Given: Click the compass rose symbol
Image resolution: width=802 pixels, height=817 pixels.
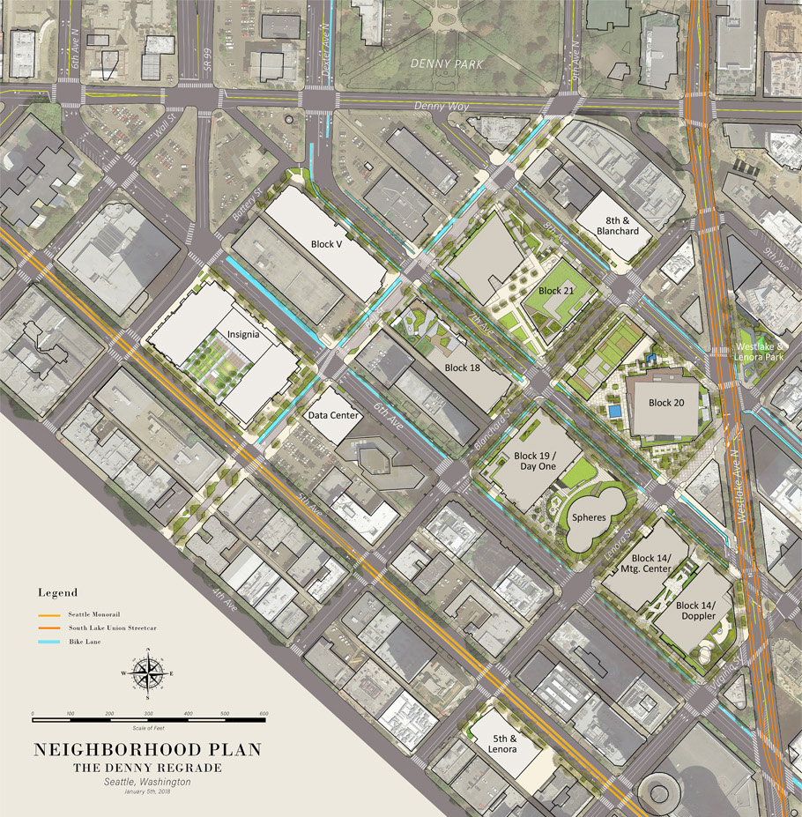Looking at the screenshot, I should (x=148, y=674).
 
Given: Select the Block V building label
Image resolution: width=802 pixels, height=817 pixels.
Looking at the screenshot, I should (x=326, y=244).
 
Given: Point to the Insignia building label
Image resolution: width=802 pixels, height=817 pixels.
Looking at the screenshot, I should (x=243, y=334).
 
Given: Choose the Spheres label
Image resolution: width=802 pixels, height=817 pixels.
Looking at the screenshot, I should (x=589, y=517).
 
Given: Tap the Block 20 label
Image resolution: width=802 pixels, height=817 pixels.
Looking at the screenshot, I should (x=666, y=403).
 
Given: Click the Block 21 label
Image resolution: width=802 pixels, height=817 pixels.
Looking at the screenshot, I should (x=556, y=290).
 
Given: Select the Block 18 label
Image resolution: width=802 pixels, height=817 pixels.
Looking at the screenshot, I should (x=463, y=368).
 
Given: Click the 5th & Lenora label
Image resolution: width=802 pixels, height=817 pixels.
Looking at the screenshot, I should (x=499, y=743).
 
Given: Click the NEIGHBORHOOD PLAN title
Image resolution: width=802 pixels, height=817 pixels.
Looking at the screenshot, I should (x=147, y=750).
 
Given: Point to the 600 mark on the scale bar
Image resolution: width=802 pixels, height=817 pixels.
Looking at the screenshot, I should (x=264, y=713).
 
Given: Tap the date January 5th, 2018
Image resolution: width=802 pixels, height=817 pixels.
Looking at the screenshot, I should (x=147, y=791).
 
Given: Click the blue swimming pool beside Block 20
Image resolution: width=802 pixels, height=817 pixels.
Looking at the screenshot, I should (x=613, y=412).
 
